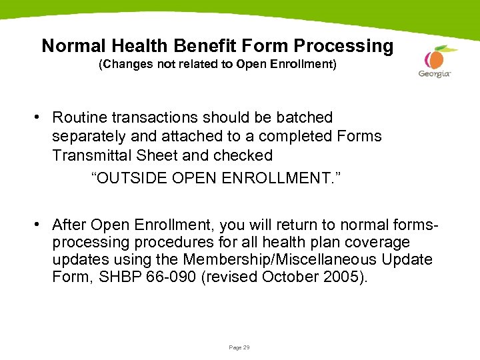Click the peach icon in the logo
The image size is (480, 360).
pos(436,58)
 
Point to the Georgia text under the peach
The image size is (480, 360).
pos(435,74)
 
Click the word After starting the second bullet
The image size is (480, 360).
pos(69,223)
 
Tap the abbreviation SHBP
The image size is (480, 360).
pos(117,277)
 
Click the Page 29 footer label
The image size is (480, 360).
pos(239,347)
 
